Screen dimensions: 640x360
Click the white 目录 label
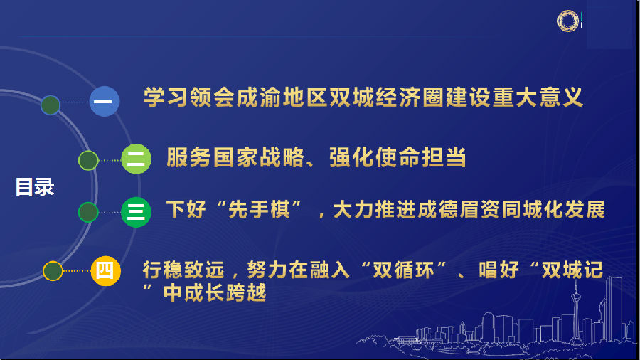coord(35,187)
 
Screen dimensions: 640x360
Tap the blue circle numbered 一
coord(105,101)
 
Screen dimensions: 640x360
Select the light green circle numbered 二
coord(137,159)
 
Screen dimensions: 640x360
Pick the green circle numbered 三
coord(137,212)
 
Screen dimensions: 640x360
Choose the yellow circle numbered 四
coord(106,270)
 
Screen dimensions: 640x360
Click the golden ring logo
coord(567,21)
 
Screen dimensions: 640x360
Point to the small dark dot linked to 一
coord(50,105)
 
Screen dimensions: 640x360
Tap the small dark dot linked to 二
coord(88,160)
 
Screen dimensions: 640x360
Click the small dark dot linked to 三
coord(88,212)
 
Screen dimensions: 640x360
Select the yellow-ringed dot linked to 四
coord(53,270)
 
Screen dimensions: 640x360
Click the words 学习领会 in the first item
coord(189,97)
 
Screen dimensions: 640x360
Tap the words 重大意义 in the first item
coord(538,97)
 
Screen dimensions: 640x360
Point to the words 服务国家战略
coord(235,157)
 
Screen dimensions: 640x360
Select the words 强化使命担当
coord(398,157)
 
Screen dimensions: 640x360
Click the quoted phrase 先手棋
coord(259,209)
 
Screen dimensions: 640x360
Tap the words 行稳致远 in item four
coord(183,270)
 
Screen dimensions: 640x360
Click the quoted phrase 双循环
coord(403,270)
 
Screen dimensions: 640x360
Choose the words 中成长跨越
coord(215,292)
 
